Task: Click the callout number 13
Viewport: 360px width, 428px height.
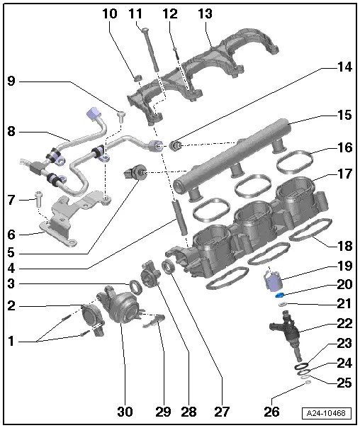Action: [205, 14]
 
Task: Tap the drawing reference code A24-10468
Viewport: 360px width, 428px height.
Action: [328, 413]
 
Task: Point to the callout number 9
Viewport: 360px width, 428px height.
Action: [11, 81]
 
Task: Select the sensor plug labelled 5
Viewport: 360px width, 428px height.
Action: [134, 171]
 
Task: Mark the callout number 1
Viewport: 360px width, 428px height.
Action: [11, 341]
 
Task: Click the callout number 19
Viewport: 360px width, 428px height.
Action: [344, 268]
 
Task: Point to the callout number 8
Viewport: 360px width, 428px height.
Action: [11, 131]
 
